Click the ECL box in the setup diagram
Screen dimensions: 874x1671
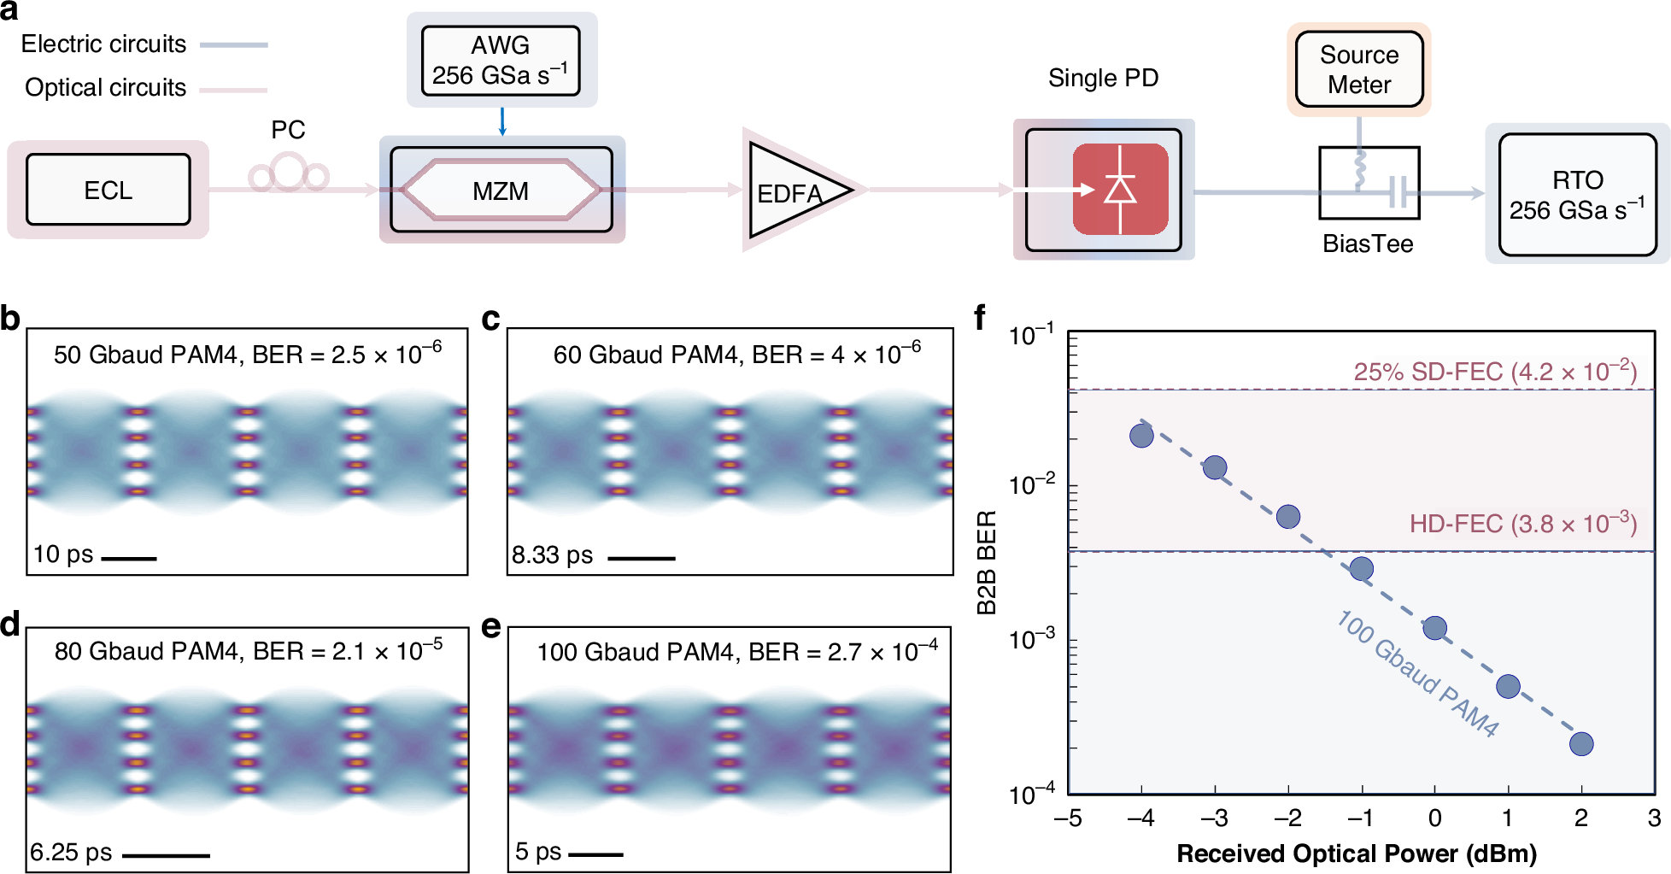coord(108,190)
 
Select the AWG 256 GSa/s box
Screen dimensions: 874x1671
coord(501,60)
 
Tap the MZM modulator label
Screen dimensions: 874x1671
coord(501,191)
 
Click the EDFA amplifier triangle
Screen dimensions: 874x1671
coord(790,191)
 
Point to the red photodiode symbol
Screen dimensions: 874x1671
coord(1120,190)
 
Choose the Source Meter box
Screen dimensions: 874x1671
coord(1358,69)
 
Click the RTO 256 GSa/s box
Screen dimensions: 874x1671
coord(1577,195)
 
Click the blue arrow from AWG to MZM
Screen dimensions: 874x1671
coord(502,121)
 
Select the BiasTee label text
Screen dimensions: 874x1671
coord(1367,244)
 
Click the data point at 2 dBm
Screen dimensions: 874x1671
coord(1581,744)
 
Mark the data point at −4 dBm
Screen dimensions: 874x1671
coord(1141,436)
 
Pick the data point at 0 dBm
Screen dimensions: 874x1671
coord(1435,628)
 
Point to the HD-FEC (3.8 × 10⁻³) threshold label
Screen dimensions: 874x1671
coord(1522,524)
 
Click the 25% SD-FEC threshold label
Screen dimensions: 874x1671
coord(1495,372)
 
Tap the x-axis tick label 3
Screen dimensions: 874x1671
coord(1654,818)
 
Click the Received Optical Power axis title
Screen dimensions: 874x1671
coord(1357,853)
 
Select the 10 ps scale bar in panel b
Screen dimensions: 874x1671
coord(129,559)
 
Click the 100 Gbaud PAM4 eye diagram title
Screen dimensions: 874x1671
coord(736,652)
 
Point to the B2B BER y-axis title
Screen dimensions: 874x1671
coord(987,562)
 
